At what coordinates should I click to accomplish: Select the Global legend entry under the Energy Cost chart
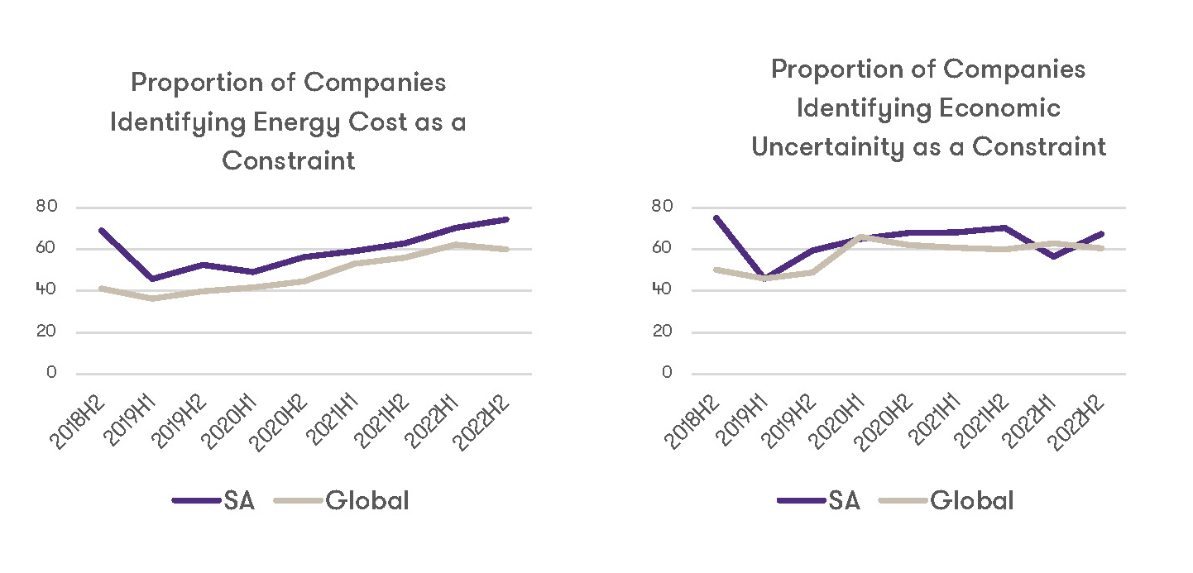tap(367, 500)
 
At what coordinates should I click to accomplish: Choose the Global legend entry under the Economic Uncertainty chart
tap(972, 500)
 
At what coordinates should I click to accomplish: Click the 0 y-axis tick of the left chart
tap(52, 373)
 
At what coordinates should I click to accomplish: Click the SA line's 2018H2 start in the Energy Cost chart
tap(101, 230)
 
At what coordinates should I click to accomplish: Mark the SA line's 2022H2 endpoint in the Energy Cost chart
tap(506, 219)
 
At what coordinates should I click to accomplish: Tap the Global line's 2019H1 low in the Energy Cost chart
tap(151, 298)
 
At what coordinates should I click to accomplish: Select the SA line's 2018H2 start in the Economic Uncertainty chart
tap(715, 217)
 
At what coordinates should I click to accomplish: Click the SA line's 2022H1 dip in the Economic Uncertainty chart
tap(1052, 256)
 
